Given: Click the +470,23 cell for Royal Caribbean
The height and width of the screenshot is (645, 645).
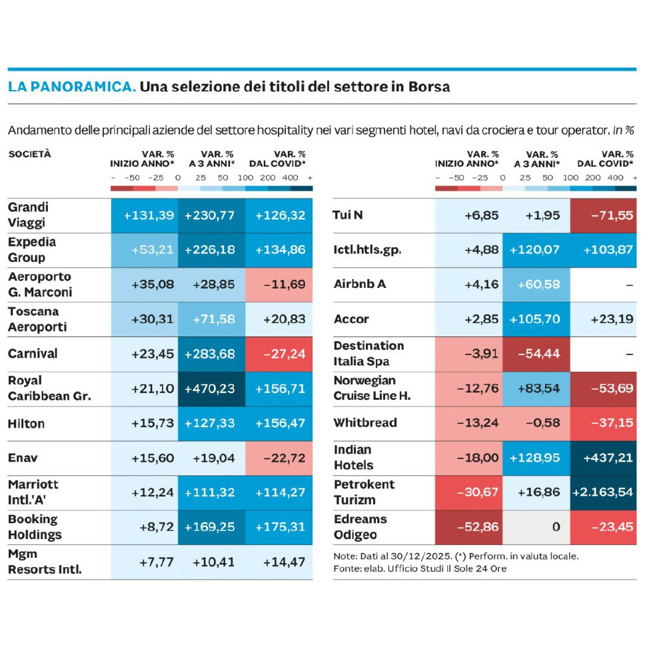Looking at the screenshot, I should coord(210,388).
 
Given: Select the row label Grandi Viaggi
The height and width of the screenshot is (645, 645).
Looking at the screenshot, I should coord(28,215).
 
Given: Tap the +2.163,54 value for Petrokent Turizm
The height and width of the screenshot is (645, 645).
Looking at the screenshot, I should coord(602,492).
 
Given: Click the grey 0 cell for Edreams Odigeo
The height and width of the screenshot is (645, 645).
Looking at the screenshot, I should coord(536,527).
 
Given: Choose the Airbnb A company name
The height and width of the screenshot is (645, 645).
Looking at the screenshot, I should coord(360,285).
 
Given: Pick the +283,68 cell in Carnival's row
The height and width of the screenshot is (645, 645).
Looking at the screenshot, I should coord(210,354).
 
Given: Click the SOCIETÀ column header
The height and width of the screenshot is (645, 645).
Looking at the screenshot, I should coord(29,154).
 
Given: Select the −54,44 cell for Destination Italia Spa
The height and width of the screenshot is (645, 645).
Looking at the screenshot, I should coord(536,354).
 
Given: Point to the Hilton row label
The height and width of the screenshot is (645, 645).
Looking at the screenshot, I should coord(26,423).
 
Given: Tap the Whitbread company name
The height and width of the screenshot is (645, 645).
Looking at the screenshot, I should coord(365,423).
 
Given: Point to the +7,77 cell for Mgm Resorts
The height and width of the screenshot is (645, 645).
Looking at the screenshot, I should coord(157,562).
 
